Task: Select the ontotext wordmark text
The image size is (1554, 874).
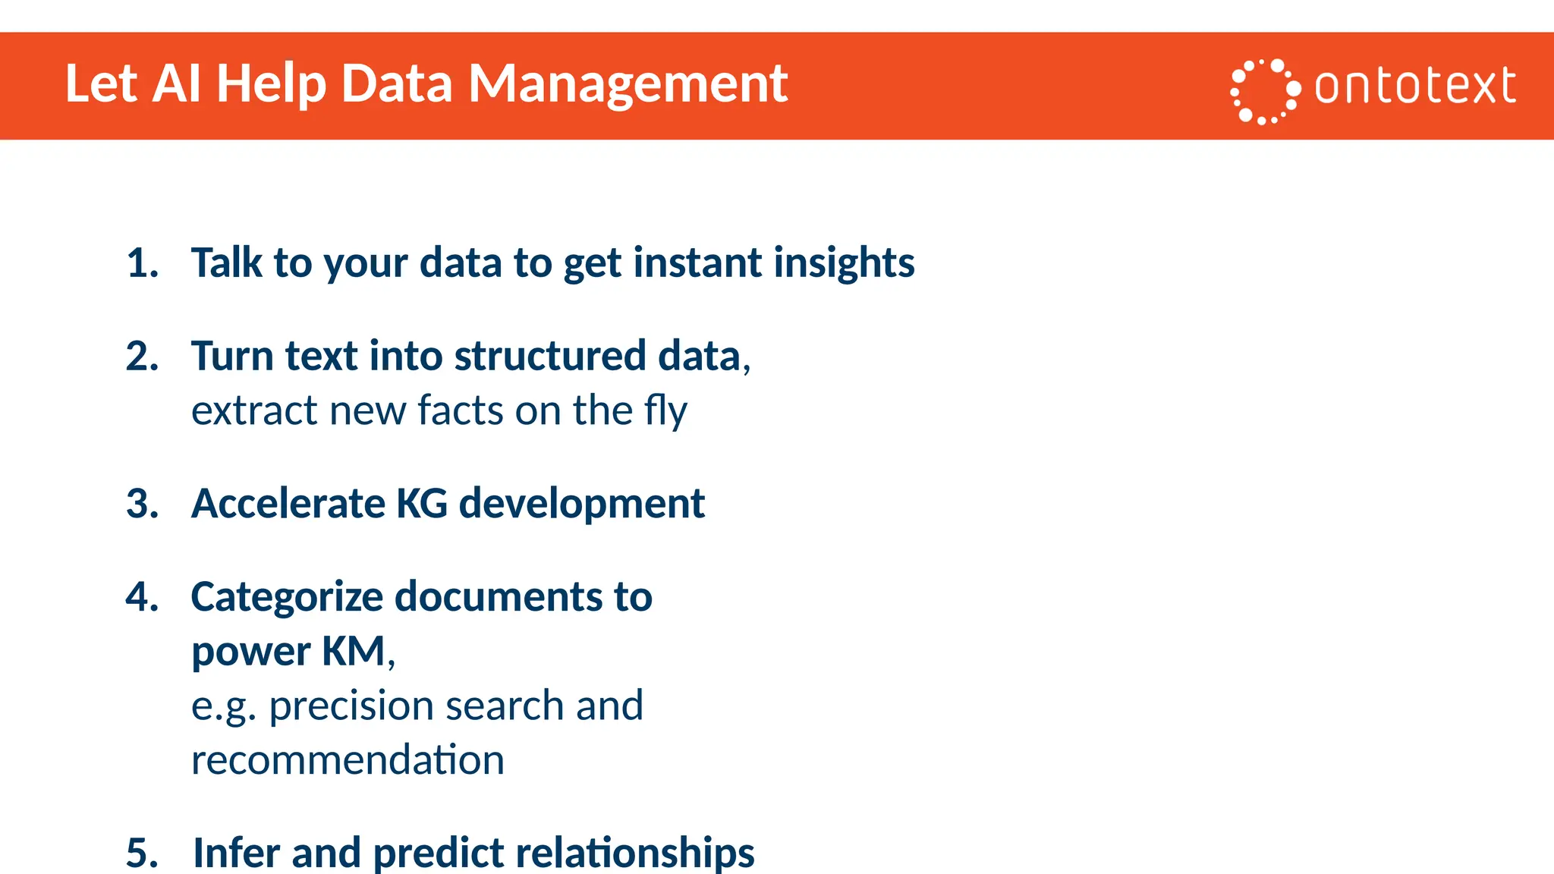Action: coord(1415,86)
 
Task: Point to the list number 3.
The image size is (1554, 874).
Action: coord(142,504)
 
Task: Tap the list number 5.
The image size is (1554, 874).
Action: coord(142,852)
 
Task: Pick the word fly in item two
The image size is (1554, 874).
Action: coord(665,411)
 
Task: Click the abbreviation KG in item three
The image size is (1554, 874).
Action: coord(422,504)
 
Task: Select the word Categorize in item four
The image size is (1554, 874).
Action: coord(287,597)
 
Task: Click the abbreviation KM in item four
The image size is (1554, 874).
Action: coord(354,651)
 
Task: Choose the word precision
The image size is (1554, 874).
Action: coord(351,706)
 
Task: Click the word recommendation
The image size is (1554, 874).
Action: coord(348,760)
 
